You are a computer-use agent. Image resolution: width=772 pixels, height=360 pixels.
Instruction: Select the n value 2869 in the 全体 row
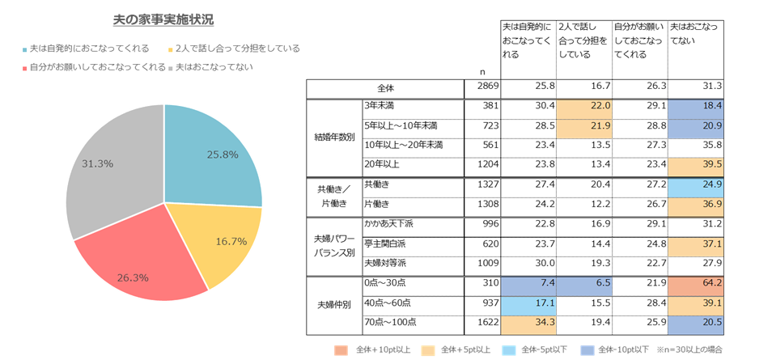point(486,87)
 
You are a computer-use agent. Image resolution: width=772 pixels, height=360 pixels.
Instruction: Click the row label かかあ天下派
point(390,224)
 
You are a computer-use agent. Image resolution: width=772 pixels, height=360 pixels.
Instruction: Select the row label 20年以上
point(383,165)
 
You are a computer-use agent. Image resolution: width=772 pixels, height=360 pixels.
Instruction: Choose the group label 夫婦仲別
point(333,303)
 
